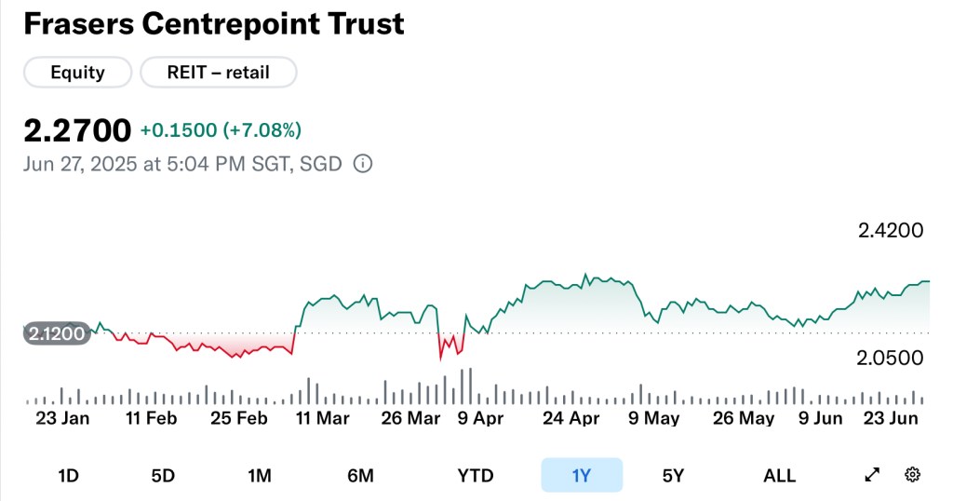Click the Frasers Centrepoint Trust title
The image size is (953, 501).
213,23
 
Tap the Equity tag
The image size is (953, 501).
77,72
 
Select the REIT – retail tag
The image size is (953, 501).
218,72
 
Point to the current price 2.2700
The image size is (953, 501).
76,130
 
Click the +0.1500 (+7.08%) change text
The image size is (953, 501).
221,130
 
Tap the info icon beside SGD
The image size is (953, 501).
363,164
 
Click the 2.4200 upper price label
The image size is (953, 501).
890,230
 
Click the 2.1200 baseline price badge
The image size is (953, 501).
57,332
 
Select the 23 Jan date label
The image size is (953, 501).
62,418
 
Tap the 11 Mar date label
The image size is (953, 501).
322,418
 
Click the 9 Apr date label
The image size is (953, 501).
481,418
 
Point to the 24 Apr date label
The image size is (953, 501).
570,418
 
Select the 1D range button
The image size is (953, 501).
68,476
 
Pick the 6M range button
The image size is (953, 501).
360,476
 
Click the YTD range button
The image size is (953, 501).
475,476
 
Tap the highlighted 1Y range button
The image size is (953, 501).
582,476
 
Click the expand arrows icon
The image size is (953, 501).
872,475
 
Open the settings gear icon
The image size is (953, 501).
912,475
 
